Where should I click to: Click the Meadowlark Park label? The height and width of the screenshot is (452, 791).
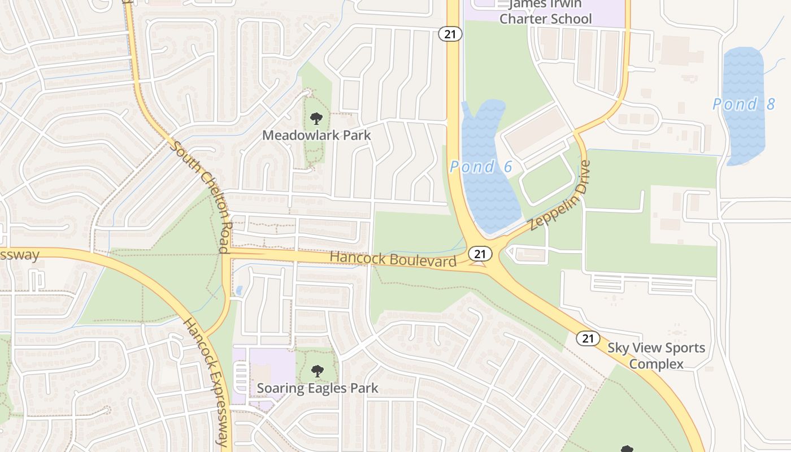click(x=317, y=135)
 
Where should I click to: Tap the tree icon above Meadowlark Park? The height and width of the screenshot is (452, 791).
click(x=316, y=119)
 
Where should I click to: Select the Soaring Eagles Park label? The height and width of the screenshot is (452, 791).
click(x=318, y=388)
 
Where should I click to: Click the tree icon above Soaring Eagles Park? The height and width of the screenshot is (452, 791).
click(x=318, y=371)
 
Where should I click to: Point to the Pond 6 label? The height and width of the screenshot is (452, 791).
click(x=481, y=167)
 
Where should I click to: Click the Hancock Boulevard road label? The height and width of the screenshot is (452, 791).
click(x=393, y=259)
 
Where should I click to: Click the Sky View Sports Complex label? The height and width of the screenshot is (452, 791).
click(x=657, y=355)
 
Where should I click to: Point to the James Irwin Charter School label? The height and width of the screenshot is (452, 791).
click(x=545, y=12)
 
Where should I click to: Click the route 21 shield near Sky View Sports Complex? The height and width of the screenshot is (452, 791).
click(x=588, y=338)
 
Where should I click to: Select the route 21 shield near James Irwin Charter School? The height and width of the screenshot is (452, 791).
click(x=450, y=34)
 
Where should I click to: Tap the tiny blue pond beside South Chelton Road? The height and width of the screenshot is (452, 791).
click(x=239, y=291)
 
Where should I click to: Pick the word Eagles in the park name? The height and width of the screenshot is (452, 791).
click(x=318, y=388)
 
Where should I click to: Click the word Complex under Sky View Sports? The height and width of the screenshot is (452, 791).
click(x=657, y=364)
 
